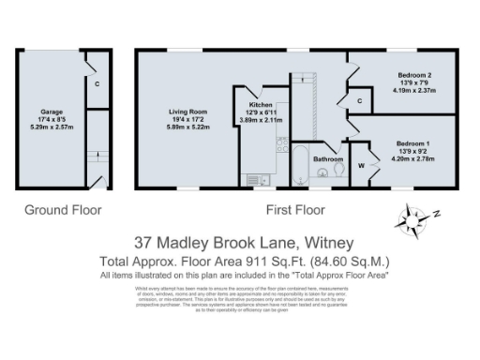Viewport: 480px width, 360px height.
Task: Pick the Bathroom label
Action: pyautogui.click(x=328, y=159)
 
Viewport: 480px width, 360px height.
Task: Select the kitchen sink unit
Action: pyautogui.click(x=256, y=178)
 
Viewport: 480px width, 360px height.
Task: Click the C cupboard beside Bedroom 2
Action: pyautogui.click(x=360, y=99)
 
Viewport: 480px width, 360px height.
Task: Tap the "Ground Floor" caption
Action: pyautogui.click(x=62, y=210)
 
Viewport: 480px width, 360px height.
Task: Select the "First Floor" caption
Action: pyautogui.click(x=295, y=210)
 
